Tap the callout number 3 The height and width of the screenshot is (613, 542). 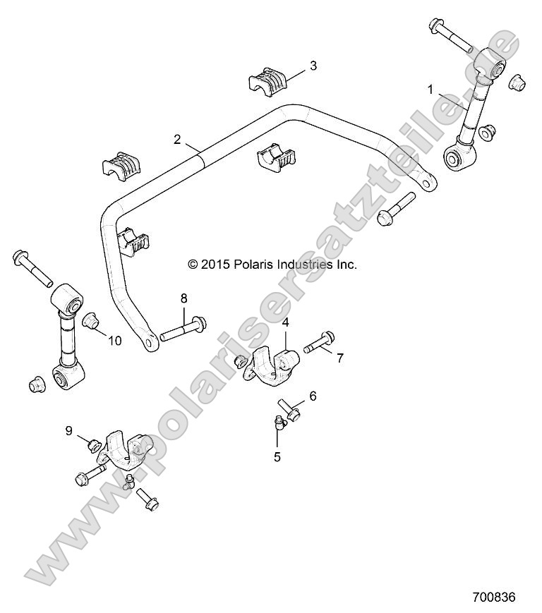point(313,66)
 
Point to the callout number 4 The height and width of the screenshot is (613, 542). point(286,322)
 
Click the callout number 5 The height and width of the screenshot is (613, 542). point(277,456)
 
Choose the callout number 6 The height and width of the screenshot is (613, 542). point(313,396)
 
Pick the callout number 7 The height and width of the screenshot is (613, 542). point(339,358)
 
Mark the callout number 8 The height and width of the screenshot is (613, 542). point(183,298)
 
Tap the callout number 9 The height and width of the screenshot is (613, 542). point(69,430)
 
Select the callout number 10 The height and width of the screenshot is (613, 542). point(114,340)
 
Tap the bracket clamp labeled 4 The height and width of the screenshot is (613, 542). point(272,364)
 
